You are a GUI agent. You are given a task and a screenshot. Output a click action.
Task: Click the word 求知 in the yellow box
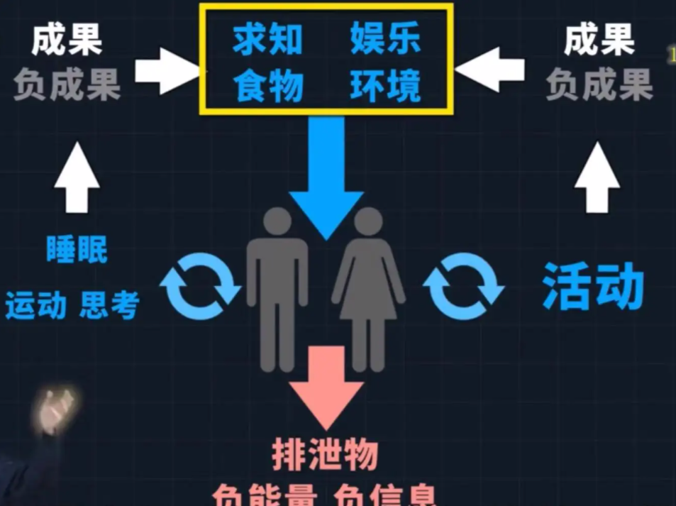[x=268, y=40]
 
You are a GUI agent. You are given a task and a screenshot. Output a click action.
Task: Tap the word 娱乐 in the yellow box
[x=385, y=40]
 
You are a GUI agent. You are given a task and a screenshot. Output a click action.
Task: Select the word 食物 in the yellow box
[x=268, y=87]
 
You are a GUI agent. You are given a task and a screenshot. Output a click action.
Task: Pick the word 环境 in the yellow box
[x=385, y=87]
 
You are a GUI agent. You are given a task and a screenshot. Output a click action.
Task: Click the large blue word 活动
[x=592, y=287]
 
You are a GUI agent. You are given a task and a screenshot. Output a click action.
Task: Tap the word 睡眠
[x=77, y=249]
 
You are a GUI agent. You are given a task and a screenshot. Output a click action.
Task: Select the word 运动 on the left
[x=35, y=305]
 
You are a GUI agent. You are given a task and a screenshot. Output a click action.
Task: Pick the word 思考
[x=109, y=305]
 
